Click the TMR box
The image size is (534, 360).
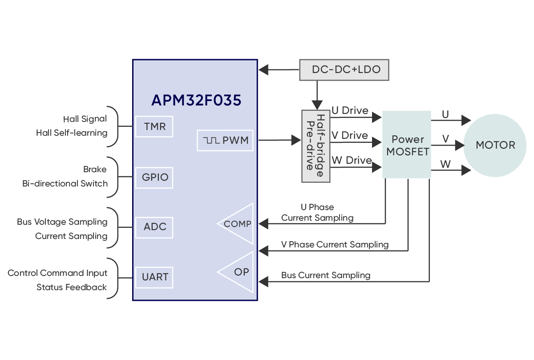(154, 126)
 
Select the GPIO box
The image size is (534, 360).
(154, 177)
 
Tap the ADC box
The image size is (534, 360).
(154, 227)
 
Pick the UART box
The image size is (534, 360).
(154, 277)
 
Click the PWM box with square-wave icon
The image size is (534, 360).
(225, 141)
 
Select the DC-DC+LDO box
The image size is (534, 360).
(344, 70)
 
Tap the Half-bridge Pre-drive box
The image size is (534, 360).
(316, 146)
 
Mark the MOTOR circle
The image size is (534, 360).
(495, 145)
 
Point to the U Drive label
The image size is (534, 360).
(350, 110)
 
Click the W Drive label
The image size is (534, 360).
(352, 160)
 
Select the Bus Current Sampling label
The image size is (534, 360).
(326, 275)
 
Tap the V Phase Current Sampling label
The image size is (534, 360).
(335, 244)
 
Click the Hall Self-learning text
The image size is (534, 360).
(72, 133)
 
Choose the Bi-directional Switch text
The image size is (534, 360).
(65, 183)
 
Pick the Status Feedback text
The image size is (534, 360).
(72, 287)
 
